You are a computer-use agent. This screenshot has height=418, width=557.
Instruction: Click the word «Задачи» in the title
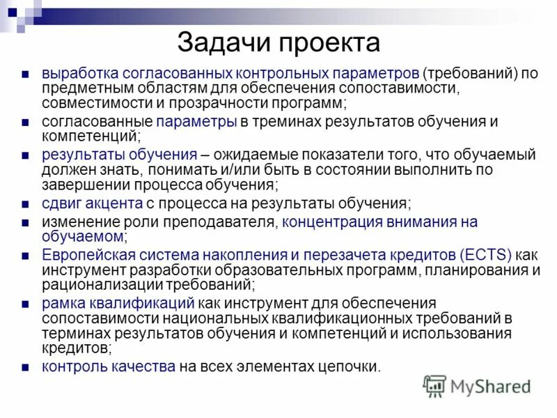(222, 43)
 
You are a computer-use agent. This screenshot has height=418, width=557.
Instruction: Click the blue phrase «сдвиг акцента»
(93, 204)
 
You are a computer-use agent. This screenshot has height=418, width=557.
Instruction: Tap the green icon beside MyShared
(434, 386)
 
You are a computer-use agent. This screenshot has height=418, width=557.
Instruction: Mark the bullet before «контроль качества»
(25, 366)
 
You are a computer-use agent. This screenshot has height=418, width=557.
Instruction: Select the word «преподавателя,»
(222, 222)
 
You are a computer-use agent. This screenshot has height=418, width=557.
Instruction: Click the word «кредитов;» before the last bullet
(76, 347)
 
